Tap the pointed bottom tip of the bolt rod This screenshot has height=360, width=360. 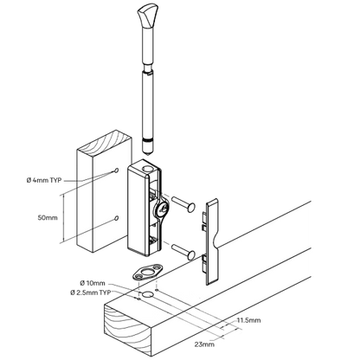[148, 156]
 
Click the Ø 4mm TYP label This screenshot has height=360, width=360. [44, 180]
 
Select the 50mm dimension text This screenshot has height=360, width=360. [48, 217]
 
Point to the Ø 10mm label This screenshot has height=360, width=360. [93, 283]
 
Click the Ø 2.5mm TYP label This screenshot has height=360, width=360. [90, 292]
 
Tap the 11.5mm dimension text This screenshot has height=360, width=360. [248, 320]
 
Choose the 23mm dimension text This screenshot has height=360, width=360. [204, 344]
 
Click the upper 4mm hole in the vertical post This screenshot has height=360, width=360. [116, 170]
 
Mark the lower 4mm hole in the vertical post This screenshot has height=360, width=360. [116, 218]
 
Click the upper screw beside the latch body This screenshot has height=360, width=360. [183, 204]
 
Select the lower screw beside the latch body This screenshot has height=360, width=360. [183, 251]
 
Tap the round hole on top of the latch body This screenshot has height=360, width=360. [148, 169]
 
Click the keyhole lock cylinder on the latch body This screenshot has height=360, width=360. [162, 209]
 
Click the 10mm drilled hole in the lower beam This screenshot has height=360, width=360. [148, 295]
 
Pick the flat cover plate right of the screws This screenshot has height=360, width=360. [212, 241]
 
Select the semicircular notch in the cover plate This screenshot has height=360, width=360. [215, 241]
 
